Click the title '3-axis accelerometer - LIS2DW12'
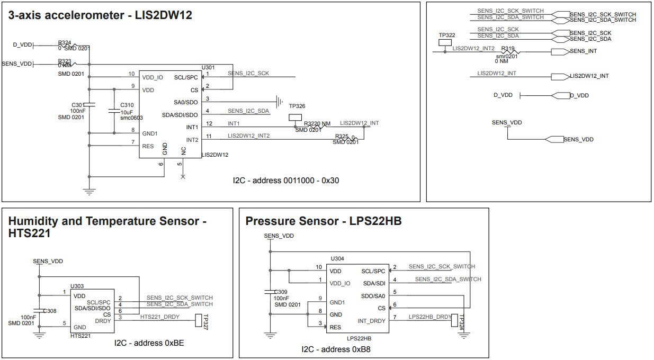tap(100, 16)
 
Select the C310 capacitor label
tap(127, 105)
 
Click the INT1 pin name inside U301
tap(192, 128)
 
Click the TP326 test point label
tap(297, 106)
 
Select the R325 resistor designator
tap(342, 137)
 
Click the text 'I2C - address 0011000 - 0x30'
tap(286, 181)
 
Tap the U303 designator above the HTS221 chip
tap(77, 286)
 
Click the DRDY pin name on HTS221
tap(103, 321)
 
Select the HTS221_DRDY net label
tap(160, 317)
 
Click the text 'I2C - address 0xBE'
tap(149, 343)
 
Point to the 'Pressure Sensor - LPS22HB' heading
tap(323, 221)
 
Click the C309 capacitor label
tap(281, 292)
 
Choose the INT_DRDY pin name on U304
tap(372, 321)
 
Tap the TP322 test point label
tap(447, 35)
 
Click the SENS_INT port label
tap(584, 51)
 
